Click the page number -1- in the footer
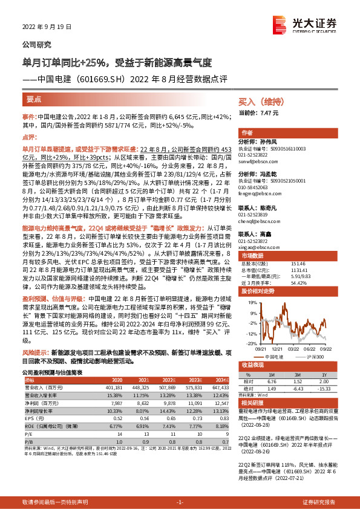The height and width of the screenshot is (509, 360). (180, 502)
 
